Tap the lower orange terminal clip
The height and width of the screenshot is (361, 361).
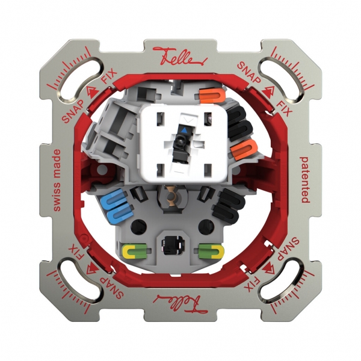pos(241,150)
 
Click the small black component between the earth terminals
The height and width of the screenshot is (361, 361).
pos(173,245)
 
